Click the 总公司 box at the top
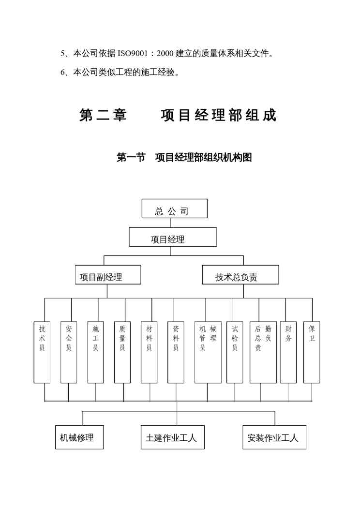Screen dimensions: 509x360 coord(174,209)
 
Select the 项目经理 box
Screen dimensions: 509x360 coord(172,237)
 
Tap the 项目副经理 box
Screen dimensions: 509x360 coord(107,275)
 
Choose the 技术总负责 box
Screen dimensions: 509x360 coord(240,275)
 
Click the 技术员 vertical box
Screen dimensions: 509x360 coord(42,352)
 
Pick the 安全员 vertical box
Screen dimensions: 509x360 coord(69,352)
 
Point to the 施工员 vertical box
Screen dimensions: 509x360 coord(95,352)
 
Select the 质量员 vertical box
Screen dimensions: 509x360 coord(122,352)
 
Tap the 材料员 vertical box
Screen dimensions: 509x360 coord(149,352)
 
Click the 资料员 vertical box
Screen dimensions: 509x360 coord(176,352)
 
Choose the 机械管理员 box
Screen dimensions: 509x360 coord(208,352)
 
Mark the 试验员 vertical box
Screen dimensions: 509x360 coord(235,352)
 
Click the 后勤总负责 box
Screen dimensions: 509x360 coord(263,352)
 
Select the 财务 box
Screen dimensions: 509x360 coord(288,352)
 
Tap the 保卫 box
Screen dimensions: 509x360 coord(312,352)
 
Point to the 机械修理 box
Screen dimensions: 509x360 coord(79,437)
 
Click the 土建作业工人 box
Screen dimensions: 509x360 coord(172,437)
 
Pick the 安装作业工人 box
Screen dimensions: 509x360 coord(274,437)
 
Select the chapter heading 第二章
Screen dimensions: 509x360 coord(104,116)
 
